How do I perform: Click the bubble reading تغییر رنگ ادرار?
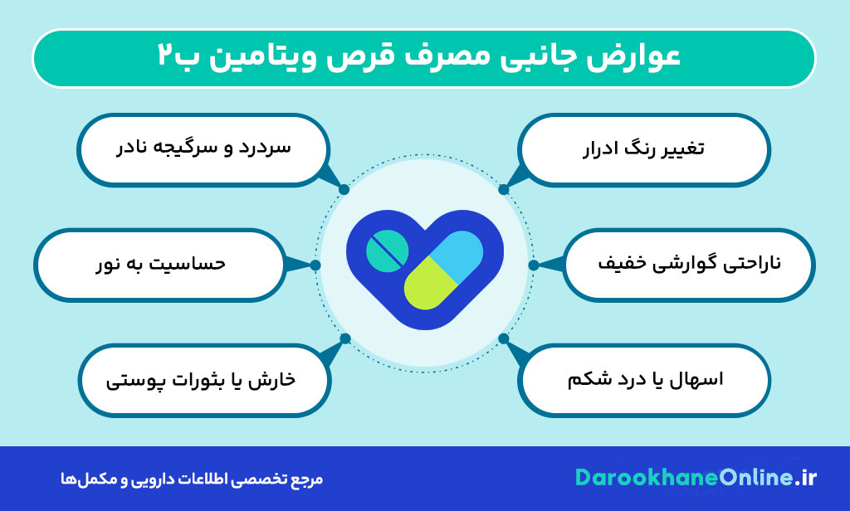(643, 149)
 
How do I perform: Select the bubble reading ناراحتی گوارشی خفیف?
(688, 265)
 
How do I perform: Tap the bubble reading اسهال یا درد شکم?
(643, 380)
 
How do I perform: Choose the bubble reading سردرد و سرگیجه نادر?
(203, 149)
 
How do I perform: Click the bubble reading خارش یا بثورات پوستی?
(203, 380)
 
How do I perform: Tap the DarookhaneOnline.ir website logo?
(696, 478)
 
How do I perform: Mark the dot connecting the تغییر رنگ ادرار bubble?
(503, 189)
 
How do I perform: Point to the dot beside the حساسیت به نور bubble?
(315, 265)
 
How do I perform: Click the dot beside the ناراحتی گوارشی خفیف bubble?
(533, 265)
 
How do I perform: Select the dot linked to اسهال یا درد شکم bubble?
(503, 338)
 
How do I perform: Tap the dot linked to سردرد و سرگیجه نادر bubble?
(344, 189)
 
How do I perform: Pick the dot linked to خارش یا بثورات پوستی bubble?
(345, 338)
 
